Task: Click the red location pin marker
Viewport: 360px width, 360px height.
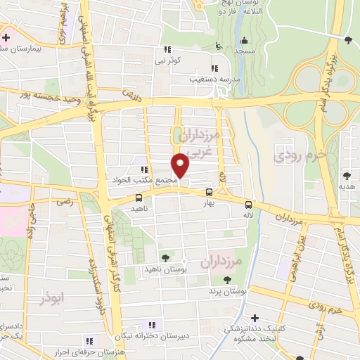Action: (181, 165)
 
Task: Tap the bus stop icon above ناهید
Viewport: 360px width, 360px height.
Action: (138, 198)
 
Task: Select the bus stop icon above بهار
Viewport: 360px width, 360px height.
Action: (209, 192)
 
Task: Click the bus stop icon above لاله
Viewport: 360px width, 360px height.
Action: (248, 205)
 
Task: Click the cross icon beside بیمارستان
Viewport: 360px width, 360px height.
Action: (6, 37)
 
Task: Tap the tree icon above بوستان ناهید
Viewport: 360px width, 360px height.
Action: (165, 258)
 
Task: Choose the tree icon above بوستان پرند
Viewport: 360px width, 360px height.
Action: (218, 280)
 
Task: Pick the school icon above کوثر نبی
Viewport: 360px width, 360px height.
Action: (167, 49)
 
